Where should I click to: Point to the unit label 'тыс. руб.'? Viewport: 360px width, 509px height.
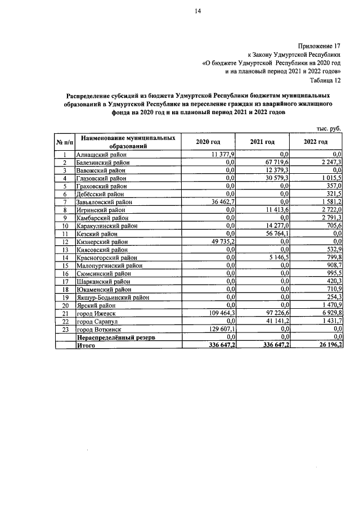pyautogui.click(x=329, y=128)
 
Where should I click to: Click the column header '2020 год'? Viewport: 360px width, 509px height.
pyautogui.click(x=208, y=142)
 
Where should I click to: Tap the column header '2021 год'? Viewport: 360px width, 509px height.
pyautogui.click(x=262, y=142)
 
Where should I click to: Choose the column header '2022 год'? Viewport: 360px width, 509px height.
pyautogui.click(x=316, y=142)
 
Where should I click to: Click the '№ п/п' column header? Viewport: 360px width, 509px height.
pyautogui.click(x=65, y=142)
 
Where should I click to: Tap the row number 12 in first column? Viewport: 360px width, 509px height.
pyautogui.click(x=65, y=241)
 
